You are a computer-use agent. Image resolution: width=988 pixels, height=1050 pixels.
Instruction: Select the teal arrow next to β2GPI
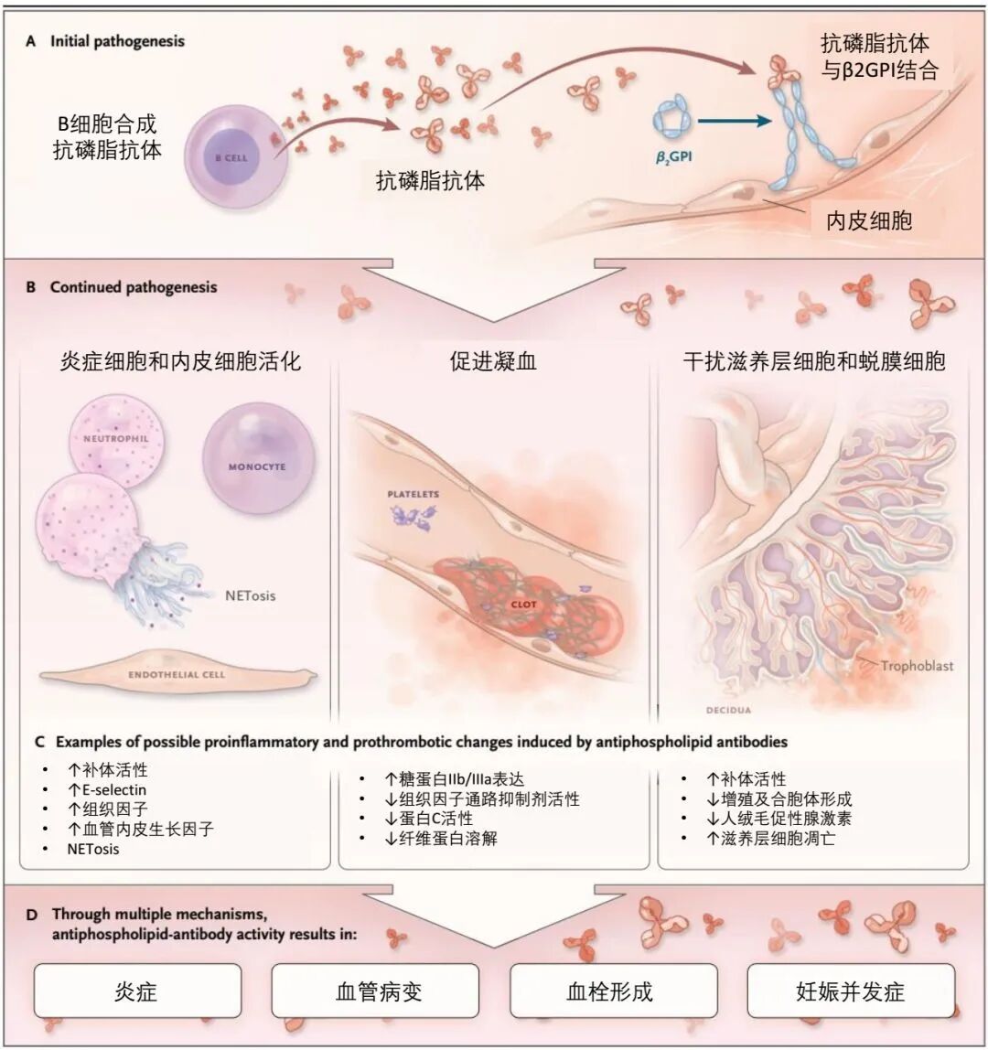(x=735, y=122)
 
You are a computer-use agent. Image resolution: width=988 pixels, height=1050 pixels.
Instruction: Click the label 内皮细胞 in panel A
(x=869, y=220)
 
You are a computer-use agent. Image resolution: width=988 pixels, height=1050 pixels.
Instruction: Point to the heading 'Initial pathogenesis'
(x=117, y=41)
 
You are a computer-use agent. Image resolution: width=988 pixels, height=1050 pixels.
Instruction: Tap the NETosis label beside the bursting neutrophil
(x=250, y=595)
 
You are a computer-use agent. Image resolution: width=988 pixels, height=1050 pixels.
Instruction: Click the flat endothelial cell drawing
(x=177, y=674)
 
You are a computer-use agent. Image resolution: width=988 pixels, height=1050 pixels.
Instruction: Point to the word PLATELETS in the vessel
(x=413, y=494)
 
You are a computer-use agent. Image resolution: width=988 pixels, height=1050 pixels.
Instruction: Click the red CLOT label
(x=524, y=604)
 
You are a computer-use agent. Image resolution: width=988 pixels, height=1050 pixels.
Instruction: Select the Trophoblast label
(x=917, y=666)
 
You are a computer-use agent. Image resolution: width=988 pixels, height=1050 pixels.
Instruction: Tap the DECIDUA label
(x=728, y=710)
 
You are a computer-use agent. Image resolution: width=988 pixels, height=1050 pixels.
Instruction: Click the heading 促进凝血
(x=493, y=361)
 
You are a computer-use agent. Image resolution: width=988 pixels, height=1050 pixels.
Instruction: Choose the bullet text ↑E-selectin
(x=106, y=789)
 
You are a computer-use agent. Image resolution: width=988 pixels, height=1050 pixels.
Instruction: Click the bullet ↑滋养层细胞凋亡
(x=771, y=838)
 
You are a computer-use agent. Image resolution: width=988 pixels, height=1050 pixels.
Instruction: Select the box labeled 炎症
(x=137, y=991)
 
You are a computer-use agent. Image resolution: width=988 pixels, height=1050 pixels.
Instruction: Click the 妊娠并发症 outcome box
(x=851, y=991)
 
